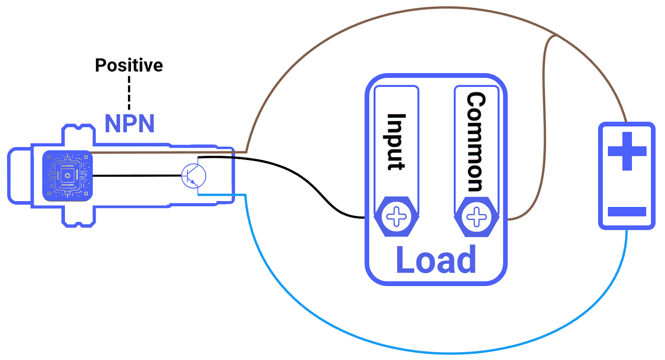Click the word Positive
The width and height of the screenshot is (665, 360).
[x=129, y=65]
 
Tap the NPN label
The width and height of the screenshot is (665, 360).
[x=129, y=123]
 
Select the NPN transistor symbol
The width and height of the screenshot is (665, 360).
[x=194, y=175]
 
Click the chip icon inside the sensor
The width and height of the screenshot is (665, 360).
[x=67, y=176]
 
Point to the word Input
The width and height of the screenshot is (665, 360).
[x=396, y=142]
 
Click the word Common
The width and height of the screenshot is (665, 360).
[x=476, y=142]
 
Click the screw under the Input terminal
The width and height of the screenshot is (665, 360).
[x=396, y=217]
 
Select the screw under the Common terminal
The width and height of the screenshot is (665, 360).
[x=476, y=217]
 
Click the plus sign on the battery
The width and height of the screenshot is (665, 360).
[x=627, y=151]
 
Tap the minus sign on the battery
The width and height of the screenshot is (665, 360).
[x=627, y=212]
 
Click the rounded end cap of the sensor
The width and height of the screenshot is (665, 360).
[x=19, y=176]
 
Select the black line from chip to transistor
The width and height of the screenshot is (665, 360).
[x=137, y=175]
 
